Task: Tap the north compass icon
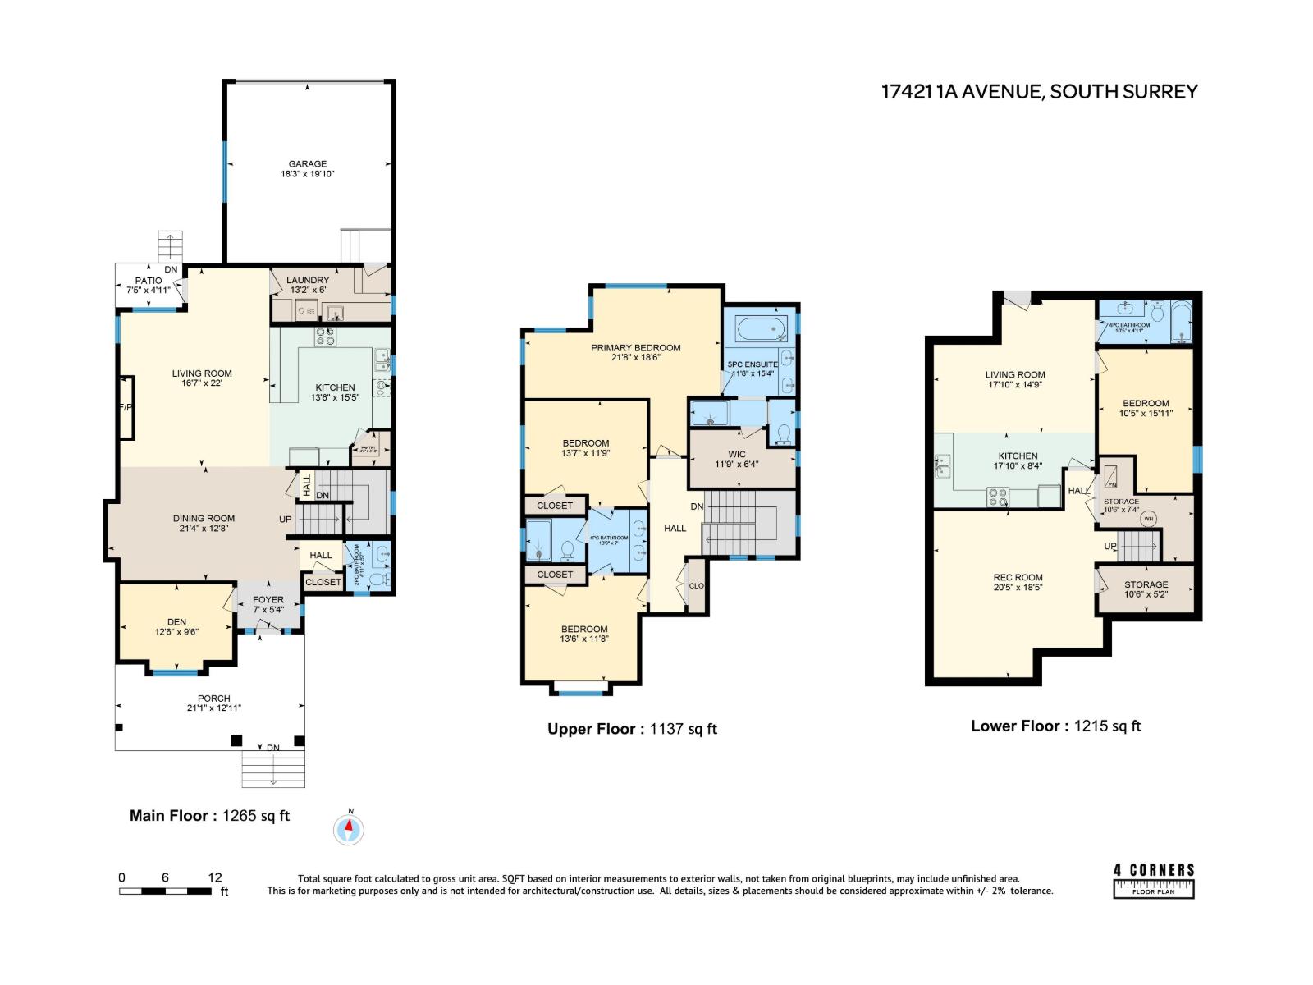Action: pyautogui.click(x=349, y=829)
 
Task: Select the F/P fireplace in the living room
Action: pyautogui.click(x=126, y=408)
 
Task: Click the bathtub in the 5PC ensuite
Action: pyautogui.click(x=761, y=331)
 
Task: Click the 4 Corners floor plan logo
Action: pyautogui.click(x=1154, y=881)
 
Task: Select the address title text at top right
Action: pyautogui.click(x=1039, y=92)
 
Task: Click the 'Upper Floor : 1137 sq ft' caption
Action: pyautogui.click(x=632, y=729)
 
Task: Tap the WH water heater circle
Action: pyautogui.click(x=1149, y=519)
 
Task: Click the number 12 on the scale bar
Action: pyautogui.click(x=215, y=877)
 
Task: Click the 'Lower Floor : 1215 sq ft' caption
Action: pyautogui.click(x=1055, y=726)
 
